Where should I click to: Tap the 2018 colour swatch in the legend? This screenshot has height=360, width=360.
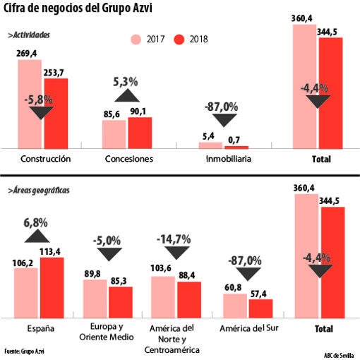[x=181, y=39]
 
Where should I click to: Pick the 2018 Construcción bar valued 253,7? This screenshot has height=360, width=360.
[x=56, y=113]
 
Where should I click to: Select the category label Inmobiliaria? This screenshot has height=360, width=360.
[x=223, y=159]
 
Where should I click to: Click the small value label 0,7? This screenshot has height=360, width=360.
[x=234, y=139]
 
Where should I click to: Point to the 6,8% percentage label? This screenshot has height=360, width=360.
[x=36, y=222]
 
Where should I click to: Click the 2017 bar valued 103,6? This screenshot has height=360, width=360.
[x=163, y=297]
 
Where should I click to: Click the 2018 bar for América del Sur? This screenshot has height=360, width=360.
[x=260, y=308]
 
